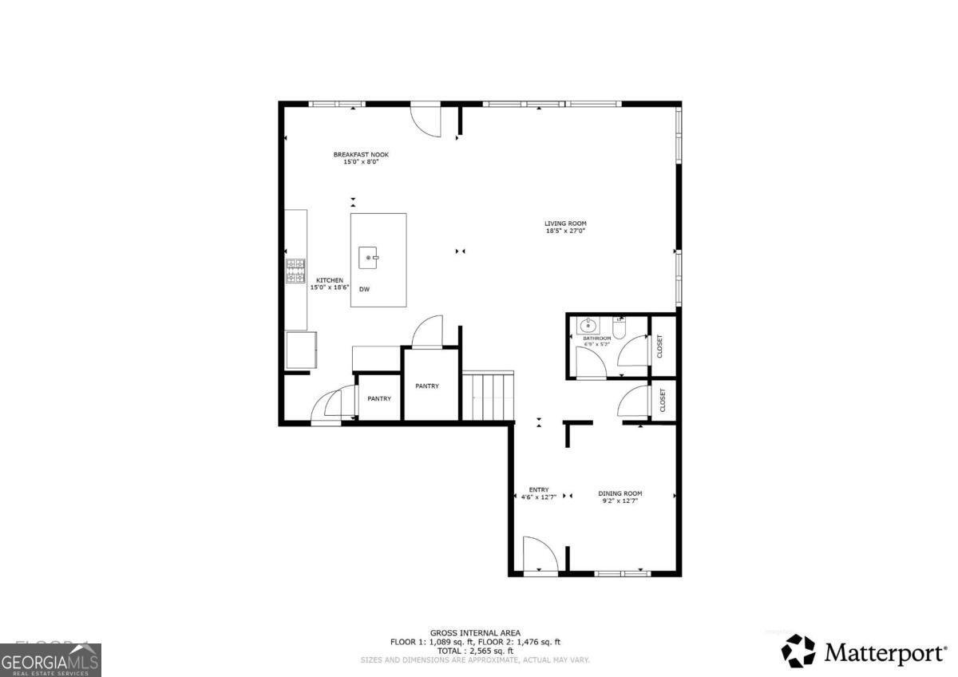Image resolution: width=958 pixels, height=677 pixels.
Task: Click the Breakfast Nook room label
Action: coord(361,158)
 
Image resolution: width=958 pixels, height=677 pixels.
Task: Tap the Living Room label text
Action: coord(565,228)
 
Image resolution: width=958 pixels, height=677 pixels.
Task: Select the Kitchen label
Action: coord(330,283)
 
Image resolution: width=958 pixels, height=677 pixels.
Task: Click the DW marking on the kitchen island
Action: coord(364,289)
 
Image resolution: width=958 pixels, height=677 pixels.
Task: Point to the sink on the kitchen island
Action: coord(368,257)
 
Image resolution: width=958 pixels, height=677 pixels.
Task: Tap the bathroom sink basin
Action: coord(588,325)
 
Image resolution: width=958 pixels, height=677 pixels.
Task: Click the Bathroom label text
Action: coord(596,341)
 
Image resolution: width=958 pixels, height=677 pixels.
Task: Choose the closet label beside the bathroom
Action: coord(661,346)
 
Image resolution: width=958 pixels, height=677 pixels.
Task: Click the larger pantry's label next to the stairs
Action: coord(427,386)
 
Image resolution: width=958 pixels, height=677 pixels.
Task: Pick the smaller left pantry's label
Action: coord(379,398)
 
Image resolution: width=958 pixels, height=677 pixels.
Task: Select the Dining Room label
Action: coord(620,497)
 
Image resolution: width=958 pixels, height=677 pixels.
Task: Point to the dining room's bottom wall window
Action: coord(623,572)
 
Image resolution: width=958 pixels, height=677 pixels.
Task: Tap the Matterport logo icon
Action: coord(798,651)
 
